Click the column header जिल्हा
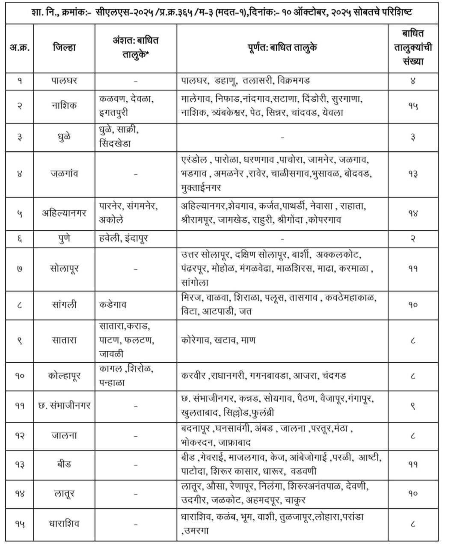[64, 47]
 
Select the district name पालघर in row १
[64, 80]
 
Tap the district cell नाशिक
[64, 106]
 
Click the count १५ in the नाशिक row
[412, 106]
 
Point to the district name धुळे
[64, 137]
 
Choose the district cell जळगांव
[64, 174]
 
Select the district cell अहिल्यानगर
[64, 213]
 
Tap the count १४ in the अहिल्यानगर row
[412, 213]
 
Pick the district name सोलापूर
[64, 269]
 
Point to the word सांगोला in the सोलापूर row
[195, 282]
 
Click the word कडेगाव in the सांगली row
[113, 305]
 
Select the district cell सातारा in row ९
[64, 340]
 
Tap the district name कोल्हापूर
[64, 376]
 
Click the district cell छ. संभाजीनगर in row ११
[64, 406]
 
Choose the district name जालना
[64, 435]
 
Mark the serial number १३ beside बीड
[20, 465]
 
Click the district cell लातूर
[64, 494]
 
